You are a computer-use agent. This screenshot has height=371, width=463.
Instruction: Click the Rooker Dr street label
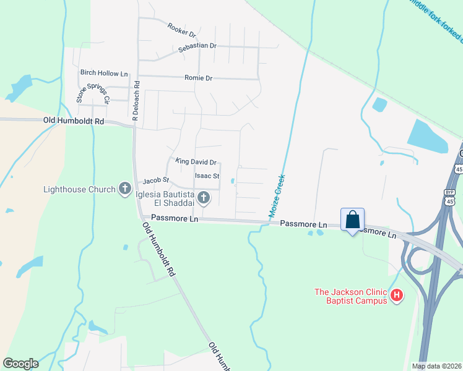point(181,30)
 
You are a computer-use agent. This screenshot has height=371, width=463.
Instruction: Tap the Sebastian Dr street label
point(197,46)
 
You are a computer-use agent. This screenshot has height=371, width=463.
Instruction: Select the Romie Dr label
point(198,79)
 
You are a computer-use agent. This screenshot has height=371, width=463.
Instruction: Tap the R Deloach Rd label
point(136,99)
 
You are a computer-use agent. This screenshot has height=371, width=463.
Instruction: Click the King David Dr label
point(196,162)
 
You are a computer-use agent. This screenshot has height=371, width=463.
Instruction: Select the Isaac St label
point(207,176)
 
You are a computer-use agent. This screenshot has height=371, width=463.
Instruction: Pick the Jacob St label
point(156,181)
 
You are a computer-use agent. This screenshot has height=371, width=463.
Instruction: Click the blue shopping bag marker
point(352,220)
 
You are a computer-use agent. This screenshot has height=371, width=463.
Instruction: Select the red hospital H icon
point(396,296)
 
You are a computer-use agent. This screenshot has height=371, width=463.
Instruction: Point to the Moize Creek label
point(277,195)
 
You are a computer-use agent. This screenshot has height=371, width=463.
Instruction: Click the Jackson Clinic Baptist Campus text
point(350,296)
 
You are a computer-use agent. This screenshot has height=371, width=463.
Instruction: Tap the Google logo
point(20,364)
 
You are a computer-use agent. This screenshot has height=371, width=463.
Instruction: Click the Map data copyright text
point(436,366)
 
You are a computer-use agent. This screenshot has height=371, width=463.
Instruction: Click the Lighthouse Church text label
point(79,189)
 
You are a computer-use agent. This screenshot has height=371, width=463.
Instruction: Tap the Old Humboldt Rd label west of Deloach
point(73,121)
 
